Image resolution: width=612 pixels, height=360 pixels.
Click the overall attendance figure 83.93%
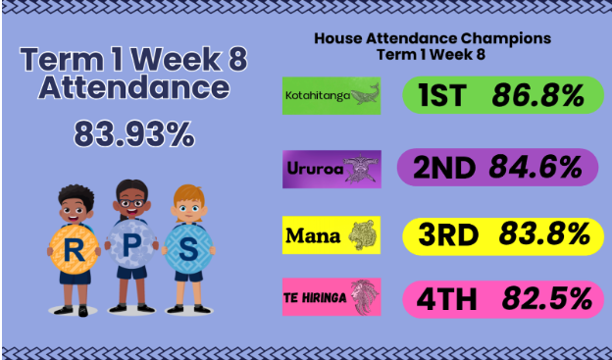pyautogui.click(x=133, y=133)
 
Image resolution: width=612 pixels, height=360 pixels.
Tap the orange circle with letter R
pyautogui.click(x=74, y=250)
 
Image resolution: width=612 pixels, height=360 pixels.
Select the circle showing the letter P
pyautogui.click(x=131, y=244)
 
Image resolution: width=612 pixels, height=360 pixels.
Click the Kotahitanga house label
pyautogui.click(x=318, y=96)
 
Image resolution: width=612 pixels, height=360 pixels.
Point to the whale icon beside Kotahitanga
pyautogui.click(x=365, y=94)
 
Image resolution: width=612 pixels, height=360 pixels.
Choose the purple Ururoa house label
pyautogui.click(x=316, y=169)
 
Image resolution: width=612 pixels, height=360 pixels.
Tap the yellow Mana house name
pyautogui.click(x=313, y=235)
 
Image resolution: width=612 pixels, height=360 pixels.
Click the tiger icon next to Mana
pyautogui.click(x=362, y=235)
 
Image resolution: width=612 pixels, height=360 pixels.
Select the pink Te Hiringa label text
pyautogui.click(x=315, y=298)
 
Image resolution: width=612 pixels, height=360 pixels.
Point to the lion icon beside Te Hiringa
pyautogui.click(x=365, y=297)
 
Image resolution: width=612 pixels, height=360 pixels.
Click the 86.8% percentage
pyautogui.click(x=537, y=95)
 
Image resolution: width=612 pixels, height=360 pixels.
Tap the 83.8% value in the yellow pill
pyautogui.click(x=544, y=234)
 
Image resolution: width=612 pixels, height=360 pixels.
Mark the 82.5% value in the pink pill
pyautogui.click(x=547, y=299)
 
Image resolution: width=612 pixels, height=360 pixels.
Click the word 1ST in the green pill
pyautogui.click(x=442, y=95)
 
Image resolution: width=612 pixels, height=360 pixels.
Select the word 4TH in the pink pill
pyautogui.click(x=446, y=299)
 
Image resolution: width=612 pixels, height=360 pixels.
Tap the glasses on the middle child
pyautogui.click(x=132, y=203)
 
